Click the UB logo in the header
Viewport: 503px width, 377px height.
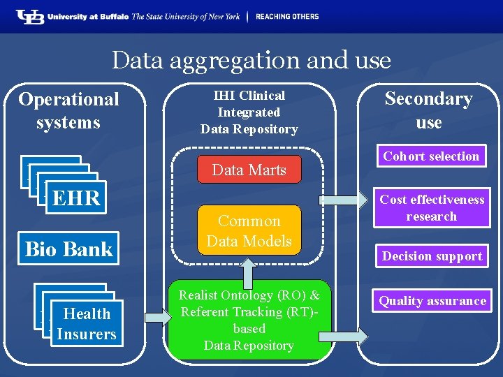point(29,16)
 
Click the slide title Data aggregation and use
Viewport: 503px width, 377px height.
point(251,60)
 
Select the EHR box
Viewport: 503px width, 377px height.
point(76,198)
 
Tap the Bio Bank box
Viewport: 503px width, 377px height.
point(68,249)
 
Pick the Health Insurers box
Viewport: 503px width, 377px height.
point(87,324)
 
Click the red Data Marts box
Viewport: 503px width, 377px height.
point(249,170)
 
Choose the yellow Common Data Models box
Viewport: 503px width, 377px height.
point(249,231)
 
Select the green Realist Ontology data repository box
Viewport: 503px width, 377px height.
point(249,320)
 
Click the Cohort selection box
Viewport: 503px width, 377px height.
point(431,156)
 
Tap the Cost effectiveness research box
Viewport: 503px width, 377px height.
point(431,208)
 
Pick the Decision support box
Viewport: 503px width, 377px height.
point(432,256)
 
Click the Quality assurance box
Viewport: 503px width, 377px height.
point(432,301)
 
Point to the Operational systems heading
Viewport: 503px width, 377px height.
point(68,110)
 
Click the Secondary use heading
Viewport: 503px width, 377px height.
point(428,110)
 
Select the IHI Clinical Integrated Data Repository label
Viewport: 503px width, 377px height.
point(249,112)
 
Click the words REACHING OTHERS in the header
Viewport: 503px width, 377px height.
point(286,16)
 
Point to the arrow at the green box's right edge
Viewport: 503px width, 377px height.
point(352,337)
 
